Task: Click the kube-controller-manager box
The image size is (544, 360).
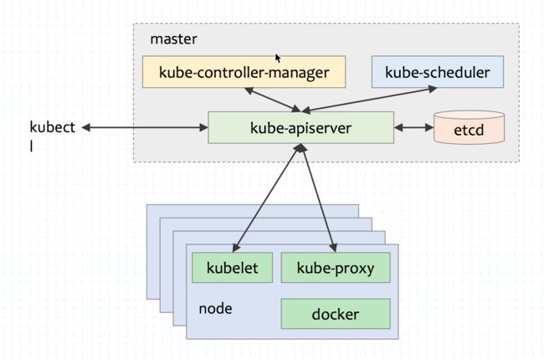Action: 244,72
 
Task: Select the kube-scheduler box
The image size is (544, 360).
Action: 438,72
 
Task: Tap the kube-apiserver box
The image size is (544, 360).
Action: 300,127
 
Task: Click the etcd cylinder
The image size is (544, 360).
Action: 469,127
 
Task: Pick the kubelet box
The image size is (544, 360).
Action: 232,268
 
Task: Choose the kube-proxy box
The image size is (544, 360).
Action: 336,268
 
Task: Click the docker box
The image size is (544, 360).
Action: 336,314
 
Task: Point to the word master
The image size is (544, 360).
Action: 173,39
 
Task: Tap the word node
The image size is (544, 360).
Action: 215,308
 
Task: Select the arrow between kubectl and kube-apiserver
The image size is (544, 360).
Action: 145,128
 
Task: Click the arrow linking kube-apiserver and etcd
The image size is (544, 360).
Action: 414,128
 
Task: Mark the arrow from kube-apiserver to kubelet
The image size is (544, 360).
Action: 266,198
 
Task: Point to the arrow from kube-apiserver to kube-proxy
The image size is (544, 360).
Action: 319,198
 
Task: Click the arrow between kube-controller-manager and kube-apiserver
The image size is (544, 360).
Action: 273,100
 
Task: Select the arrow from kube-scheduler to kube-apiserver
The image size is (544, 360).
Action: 369,100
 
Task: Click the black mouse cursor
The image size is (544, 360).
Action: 278,59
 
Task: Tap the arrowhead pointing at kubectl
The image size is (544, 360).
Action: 86,128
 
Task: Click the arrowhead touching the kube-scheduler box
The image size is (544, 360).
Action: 433,89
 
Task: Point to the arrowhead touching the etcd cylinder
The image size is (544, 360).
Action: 430,128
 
